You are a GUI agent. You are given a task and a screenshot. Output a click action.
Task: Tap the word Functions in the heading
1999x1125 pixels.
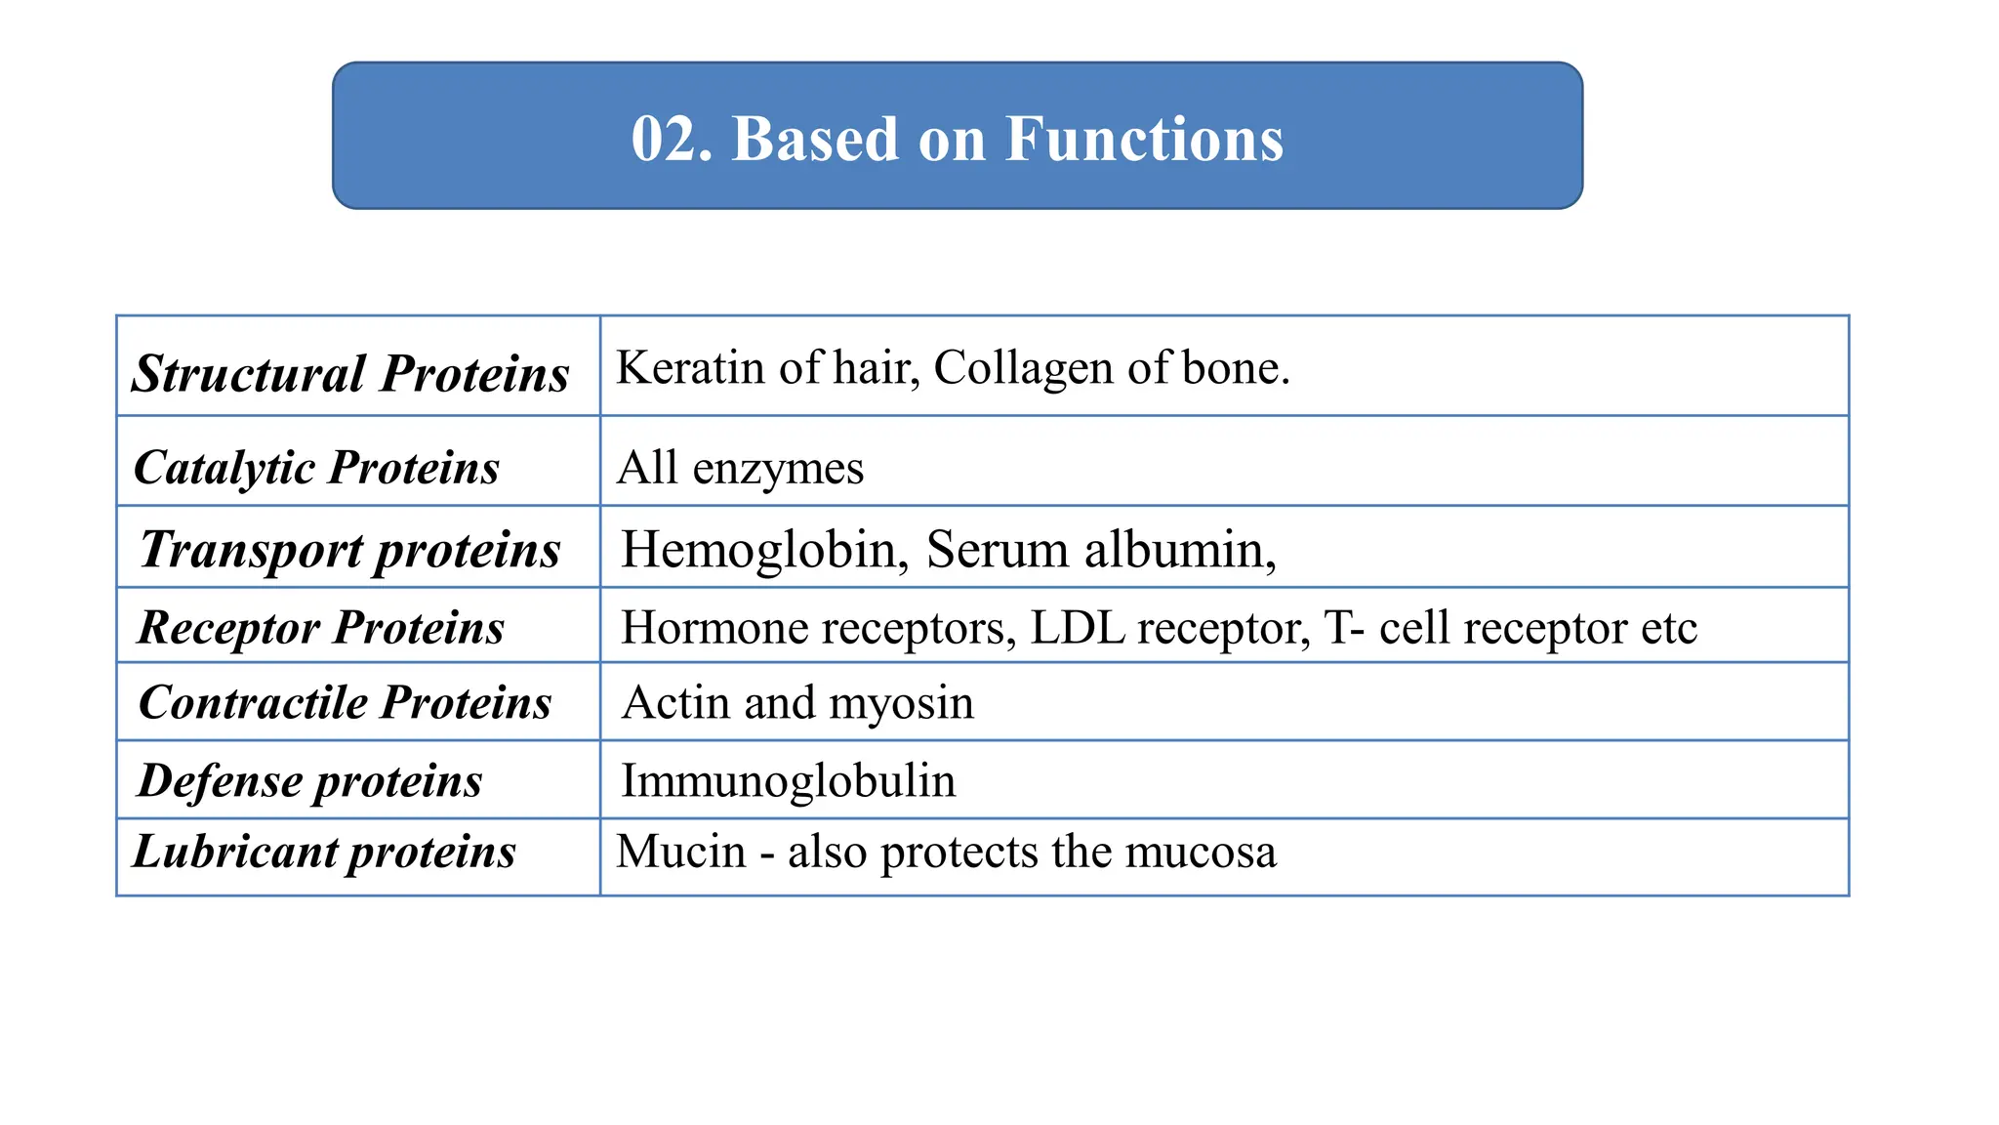coord(1144,139)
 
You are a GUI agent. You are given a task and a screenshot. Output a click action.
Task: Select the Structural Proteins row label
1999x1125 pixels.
coord(350,373)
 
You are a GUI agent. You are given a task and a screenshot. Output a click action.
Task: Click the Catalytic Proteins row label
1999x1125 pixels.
coord(316,467)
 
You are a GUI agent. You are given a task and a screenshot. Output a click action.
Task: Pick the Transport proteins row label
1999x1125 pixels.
coord(349,549)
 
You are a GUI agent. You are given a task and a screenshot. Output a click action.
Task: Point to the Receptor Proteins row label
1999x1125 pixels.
coord(321,627)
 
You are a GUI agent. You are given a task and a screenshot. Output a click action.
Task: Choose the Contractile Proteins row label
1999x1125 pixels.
coord(345,702)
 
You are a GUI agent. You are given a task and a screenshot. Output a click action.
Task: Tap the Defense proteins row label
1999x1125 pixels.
coord(309,780)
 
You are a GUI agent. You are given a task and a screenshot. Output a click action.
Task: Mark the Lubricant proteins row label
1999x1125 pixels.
coord(324,851)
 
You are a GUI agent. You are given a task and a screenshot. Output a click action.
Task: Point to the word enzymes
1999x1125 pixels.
coord(778,468)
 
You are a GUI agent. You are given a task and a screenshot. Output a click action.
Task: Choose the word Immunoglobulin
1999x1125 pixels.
coord(789,780)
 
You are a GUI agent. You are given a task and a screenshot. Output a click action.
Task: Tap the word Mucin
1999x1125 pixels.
coord(681,851)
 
